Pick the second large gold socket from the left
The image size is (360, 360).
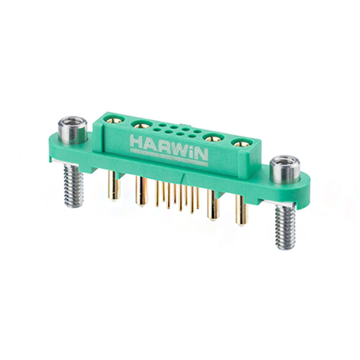[x=138, y=125]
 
